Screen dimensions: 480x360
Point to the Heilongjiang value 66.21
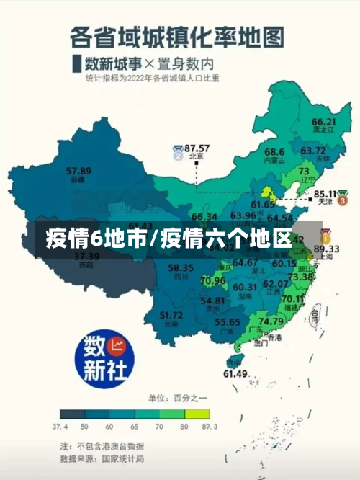click(324, 122)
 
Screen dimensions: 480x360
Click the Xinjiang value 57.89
click(78, 171)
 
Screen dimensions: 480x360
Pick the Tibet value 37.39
click(86, 256)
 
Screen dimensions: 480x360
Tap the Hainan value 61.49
click(235, 373)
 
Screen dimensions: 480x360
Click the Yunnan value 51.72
click(171, 315)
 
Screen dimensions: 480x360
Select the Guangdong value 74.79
click(271, 321)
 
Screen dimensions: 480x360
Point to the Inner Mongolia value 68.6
click(274, 151)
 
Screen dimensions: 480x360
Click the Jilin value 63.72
click(313, 151)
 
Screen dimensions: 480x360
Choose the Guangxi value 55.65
click(228, 322)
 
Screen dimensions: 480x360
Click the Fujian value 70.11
click(292, 298)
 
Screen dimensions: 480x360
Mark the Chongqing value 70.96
click(213, 280)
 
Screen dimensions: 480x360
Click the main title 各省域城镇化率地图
click(177, 35)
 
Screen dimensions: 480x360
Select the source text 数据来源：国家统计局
click(102, 458)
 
